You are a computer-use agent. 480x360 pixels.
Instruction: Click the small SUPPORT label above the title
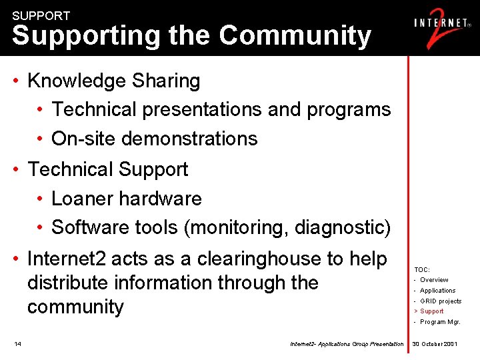[41, 15]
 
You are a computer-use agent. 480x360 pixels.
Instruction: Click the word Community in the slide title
[295, 35]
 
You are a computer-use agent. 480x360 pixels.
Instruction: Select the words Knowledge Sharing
[114, 81]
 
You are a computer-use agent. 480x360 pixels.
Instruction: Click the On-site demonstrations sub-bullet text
[154, 139]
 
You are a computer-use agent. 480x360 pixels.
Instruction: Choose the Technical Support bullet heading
[108, 169]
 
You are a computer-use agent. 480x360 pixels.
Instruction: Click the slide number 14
[17, 344]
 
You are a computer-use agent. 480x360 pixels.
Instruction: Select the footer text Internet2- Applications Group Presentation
[347, 344]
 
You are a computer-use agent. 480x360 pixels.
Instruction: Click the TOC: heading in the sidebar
[422, 269]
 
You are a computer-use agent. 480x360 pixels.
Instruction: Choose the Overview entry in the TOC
[434, 280]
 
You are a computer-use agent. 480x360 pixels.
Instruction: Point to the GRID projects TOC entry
[441, 301]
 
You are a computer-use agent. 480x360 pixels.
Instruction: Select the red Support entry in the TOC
[431, 311]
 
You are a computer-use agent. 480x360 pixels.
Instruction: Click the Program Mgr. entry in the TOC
[440, 322]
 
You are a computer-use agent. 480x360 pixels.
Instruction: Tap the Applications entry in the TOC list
[437, 291]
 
